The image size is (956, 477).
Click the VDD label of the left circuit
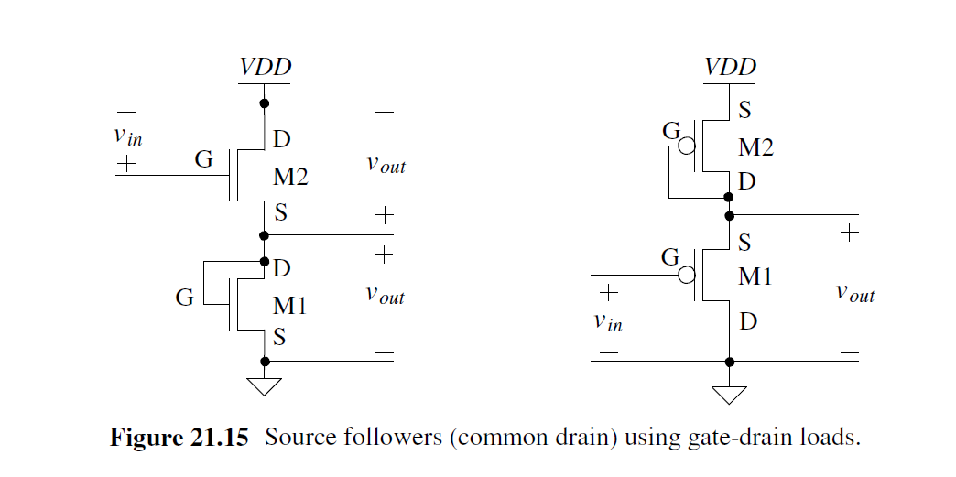(266, 68)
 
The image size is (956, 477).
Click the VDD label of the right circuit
(730, 68)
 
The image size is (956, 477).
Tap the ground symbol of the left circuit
(265, 386)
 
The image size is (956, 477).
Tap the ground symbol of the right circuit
(729, 394)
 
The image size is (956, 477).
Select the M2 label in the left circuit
(290, 178)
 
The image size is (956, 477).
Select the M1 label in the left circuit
(290, 305)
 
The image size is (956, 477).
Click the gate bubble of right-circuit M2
(685, 146)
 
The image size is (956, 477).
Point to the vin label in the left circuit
(127, 136)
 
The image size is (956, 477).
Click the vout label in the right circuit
(855, 293)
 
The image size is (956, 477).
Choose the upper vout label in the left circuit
(386, 166)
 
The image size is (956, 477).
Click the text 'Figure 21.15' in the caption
(179, 437)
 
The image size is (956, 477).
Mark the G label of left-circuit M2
(203, 160)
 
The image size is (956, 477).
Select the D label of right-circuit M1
(747, 321)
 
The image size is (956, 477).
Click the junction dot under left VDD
(265, 103)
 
